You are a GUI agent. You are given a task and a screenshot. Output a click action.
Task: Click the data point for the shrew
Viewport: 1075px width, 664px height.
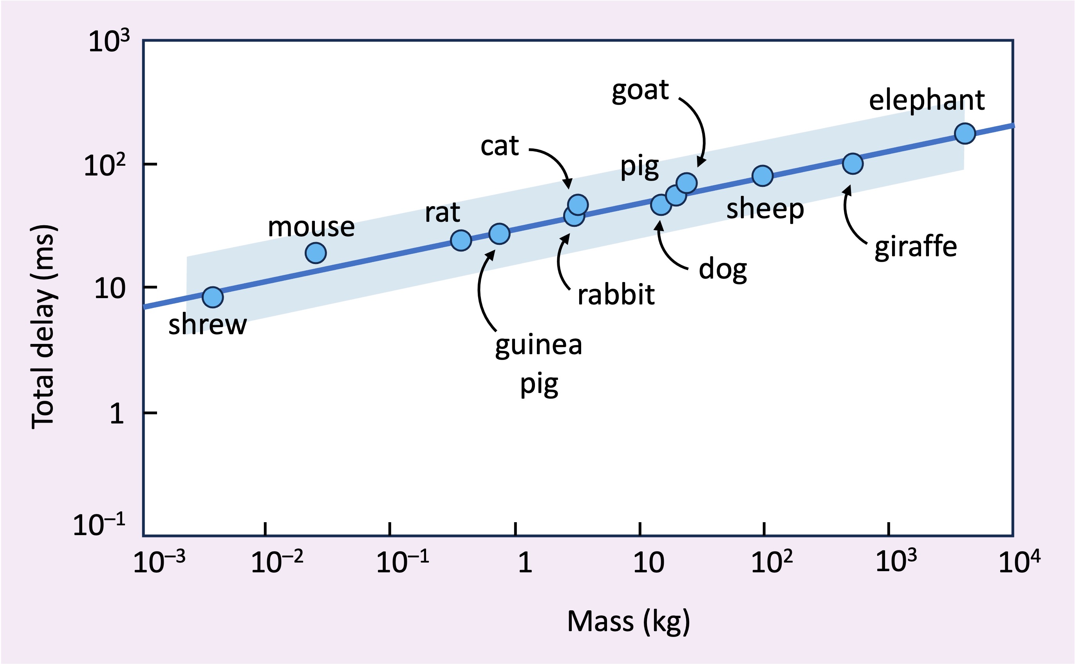pyautogui.click(x=212, y=297)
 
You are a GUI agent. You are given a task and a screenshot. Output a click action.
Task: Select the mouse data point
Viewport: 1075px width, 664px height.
pyautogui.click(x=316, y=253)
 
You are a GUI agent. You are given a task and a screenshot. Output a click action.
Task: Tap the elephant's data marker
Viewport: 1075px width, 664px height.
pyautogui.click(x=965, y=134)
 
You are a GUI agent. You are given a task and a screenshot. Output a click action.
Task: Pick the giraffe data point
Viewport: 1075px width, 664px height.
pyautogui.click(x=853, y=164)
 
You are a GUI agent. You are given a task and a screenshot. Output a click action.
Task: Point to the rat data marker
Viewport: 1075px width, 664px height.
pyautogui.click(x=461, y=240)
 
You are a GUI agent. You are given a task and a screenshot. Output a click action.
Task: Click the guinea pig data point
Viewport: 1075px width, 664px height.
pyautogui.click(x=499, y=233)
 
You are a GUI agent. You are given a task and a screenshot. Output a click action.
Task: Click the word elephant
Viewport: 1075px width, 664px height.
pyautogui.click(x=927, y=100)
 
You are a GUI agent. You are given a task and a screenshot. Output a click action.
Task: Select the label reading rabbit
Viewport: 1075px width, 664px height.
pyautogui.click(x=616, y=295)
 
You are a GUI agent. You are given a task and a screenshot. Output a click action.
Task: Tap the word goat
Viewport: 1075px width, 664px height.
pyautogui.click(x=640, y=91)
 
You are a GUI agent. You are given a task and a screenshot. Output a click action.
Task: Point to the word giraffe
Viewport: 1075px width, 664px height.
pyautogui.click(x=916, y=247)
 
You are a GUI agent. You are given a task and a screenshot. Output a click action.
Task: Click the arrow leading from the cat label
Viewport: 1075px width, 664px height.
pyautogui.click(x=555, y=163)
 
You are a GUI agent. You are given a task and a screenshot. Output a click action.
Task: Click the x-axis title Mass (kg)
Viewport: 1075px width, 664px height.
pyautogui.click(x=628, y=621)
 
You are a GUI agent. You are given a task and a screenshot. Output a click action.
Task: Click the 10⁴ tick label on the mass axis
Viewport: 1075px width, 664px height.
pyautogui.click(x=1019, y=562)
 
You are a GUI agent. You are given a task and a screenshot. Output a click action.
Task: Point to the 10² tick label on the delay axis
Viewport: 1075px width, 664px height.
pyautogui.click(x=105, y=166)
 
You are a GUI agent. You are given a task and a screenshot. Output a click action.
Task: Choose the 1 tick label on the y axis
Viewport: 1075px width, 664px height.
pyautogui.click(x=117, y=414)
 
